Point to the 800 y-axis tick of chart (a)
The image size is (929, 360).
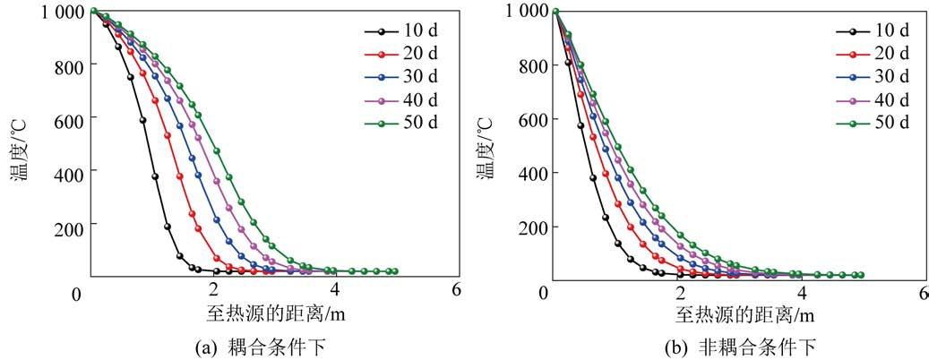(x=65, y=65)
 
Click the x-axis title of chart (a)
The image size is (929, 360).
(x=272, y=314)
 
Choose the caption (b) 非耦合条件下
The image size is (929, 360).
(x=744, y=347)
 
